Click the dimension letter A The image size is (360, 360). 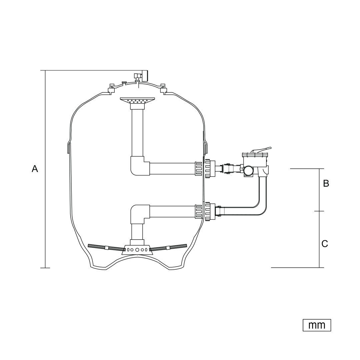pos(35,169)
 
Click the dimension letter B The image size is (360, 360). pos(326,183)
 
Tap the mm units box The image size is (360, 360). pos(317,325)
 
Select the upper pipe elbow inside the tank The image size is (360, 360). pos(140,166)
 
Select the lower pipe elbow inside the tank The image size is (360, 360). pos(140,214)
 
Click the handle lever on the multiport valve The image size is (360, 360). pos(261,151)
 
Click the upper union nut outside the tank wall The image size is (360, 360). pos(210,169)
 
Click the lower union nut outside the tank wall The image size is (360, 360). pos(210,211)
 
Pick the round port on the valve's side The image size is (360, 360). pos(248,170)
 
